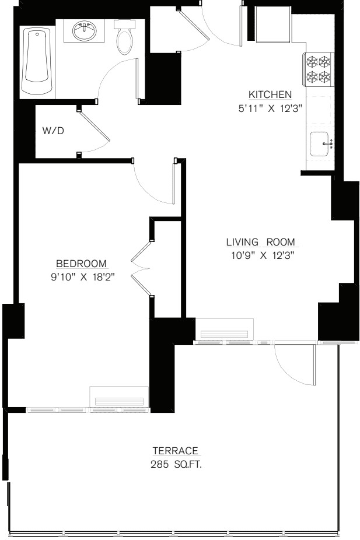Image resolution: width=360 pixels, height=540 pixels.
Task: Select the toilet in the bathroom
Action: coord(124,37)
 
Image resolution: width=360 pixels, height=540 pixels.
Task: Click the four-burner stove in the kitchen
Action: coord(317,68)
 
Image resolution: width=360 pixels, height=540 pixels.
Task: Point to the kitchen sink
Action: coord(320,143)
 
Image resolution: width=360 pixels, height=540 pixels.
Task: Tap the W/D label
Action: coord(53,131)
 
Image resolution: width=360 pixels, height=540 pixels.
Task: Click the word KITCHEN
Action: coord(270,94)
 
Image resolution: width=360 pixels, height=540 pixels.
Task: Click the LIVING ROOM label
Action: coord(260,242)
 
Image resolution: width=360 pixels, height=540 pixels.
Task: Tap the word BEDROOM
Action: coord(82,263)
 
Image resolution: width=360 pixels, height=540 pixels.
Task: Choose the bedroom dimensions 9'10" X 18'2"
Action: coord(82,277)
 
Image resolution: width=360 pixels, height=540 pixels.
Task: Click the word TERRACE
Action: coord(176,451)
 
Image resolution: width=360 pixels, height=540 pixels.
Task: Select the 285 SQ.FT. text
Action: coord(176,465)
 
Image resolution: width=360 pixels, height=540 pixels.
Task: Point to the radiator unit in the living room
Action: coord(225,330)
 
